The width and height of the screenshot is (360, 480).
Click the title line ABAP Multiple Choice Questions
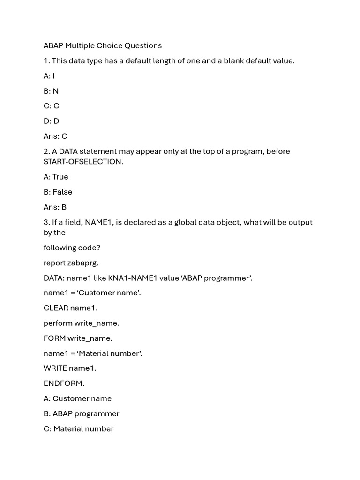click(x=103, y=45)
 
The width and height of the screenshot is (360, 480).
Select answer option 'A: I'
click(x=49, y=76)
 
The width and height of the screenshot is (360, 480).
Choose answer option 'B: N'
click(x=51, y=91)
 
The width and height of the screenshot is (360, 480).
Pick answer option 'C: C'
click(x=52, y=106)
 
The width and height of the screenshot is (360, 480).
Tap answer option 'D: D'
click(x=52, y=121)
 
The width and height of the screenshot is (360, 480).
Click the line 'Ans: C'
click(x=55, y=136)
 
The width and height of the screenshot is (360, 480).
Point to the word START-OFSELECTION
click(x=83, y=162)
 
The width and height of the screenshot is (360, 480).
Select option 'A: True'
click(x=56, y=177)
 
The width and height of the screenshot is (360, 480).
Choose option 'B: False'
click(x=58, y=192)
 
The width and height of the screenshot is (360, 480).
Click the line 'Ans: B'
click(x=55, y=207)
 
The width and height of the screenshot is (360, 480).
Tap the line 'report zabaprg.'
click(x=71, y=262)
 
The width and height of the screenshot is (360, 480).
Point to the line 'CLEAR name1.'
click(x=71, y=308)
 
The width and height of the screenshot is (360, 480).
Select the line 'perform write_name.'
click(x=82, y=323)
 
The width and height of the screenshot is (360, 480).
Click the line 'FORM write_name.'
click(x=78, y=338)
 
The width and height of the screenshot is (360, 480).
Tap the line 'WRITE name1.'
click(x=70, y=368)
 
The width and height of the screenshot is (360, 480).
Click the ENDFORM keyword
click(x=64, y=383)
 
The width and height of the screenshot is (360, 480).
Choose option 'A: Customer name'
click(x=78, y=398)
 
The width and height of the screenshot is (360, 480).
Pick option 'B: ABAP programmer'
click(x=82, y=413)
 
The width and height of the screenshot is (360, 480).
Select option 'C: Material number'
click(x=79, y=428)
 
